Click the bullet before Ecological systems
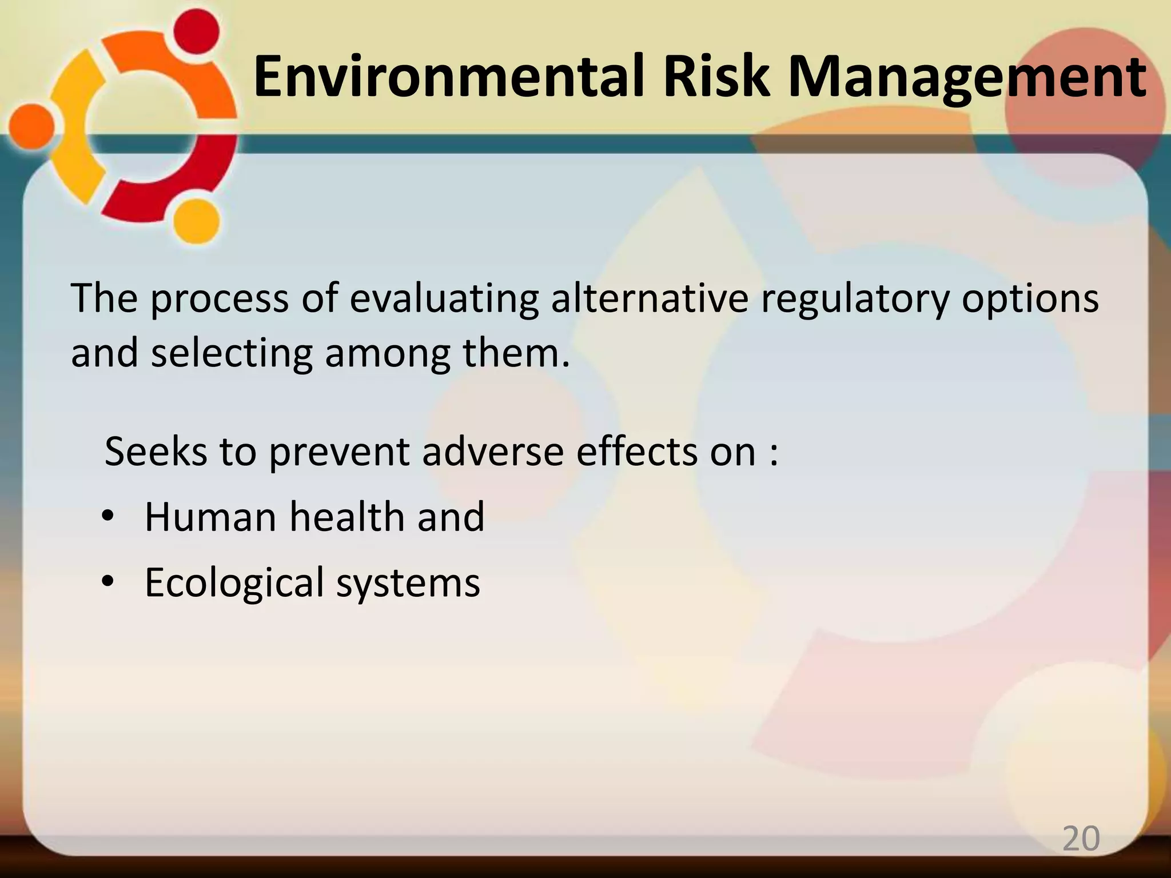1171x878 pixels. (107, 582)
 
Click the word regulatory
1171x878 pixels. (854, 299)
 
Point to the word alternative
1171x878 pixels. (650, 298)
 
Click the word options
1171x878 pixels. (1030, 299)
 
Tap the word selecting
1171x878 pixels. (232, 353)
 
